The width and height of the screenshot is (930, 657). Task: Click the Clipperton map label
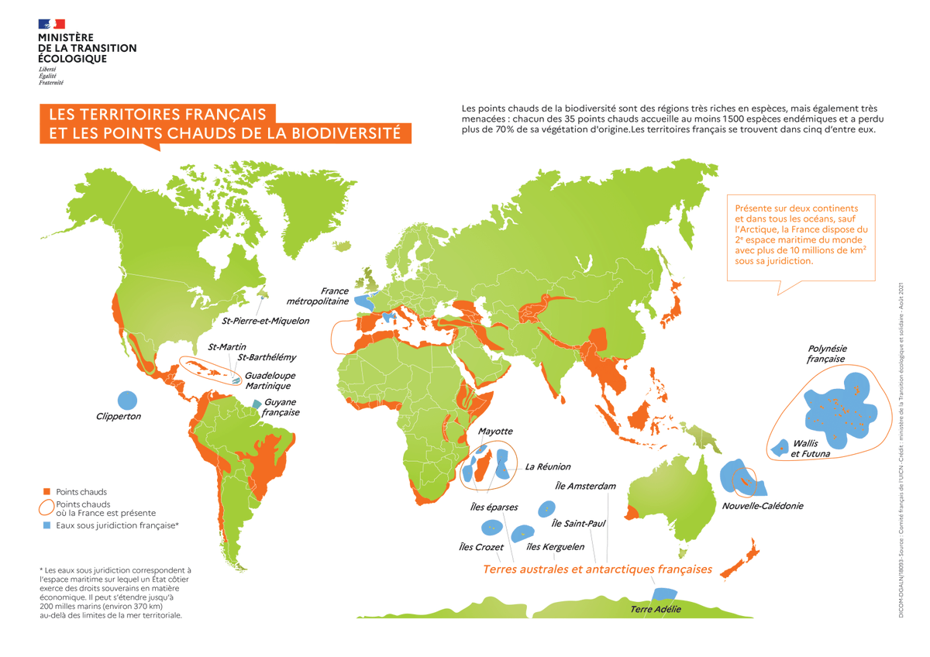pyautogui.click(x=119, y=417)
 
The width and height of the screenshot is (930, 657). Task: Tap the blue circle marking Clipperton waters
pyautogui.click(x=127, y=401)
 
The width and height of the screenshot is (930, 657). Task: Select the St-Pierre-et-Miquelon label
pyautogui.click(x=265, y=320)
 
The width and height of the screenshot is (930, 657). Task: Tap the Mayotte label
pyautogui.click(x=495, y=432)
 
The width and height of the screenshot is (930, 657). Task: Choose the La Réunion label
pyautogui.click(x=547, y=467)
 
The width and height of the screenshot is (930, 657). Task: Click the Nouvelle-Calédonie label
pyautogui.click(x=762, y=506)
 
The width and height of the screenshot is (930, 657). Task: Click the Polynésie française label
pyautogui.click(x=827, y=354)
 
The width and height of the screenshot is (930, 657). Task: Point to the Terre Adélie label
pyautogui.click(x=656, y=610)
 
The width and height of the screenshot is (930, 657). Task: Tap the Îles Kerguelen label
pyautogui.click(x=555, y=547)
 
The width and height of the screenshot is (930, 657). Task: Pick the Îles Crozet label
pyautogui.click(x=481, y=547)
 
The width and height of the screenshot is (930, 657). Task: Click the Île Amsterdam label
pyautogui.click(x=586, y=487)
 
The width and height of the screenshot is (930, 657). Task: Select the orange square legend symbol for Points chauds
pyautogui.click(x=47, y=492)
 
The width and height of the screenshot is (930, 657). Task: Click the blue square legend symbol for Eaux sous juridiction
pyautogui.click(x=47, y=525)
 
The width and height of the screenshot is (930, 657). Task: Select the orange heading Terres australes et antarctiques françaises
pyautogui.click(x=597, y=569)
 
